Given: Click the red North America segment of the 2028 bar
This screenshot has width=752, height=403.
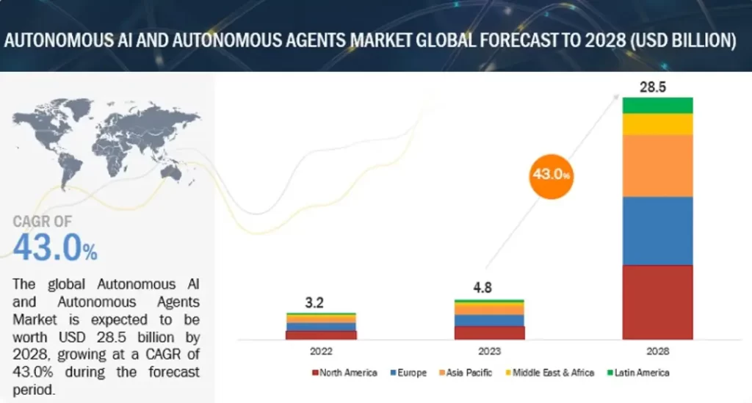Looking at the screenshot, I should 657,302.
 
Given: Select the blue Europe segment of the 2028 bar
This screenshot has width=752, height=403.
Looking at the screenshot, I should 657,230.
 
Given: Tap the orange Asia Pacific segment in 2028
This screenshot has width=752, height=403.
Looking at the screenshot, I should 657,165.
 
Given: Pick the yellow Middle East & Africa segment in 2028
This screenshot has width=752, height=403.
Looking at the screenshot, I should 657,124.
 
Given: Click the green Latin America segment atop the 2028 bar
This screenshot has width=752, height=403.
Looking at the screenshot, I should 657,105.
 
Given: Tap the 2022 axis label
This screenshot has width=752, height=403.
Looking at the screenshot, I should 321,351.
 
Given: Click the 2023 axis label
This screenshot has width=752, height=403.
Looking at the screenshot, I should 489,351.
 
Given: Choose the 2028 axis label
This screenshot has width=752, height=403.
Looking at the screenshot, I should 657,351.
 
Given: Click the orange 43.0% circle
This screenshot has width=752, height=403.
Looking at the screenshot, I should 551,175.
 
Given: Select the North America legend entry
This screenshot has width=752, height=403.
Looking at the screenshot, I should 344,373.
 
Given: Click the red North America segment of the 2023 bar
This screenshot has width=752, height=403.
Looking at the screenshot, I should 489,333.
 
